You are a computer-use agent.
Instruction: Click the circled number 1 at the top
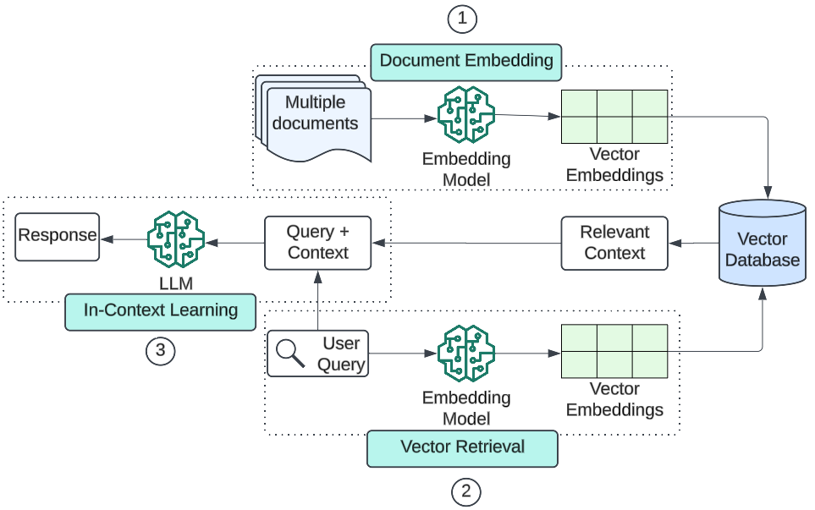point(462,19)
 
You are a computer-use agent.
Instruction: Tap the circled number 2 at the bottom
point(465,491)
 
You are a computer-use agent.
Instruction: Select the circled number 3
point(160,349)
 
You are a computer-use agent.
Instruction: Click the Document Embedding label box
point(465,61)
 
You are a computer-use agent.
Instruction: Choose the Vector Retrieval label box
point(462,447)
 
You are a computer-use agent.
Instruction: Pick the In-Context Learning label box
point(160,310)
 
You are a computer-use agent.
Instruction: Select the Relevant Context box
point(614,243)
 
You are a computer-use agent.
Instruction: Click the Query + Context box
point(317,242)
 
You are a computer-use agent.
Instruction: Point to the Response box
point(57,235)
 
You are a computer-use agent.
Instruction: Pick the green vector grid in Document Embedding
point(614,115)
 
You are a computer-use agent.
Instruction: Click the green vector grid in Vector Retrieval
point(614,350)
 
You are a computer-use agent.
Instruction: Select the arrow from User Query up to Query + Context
point(317,300)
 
